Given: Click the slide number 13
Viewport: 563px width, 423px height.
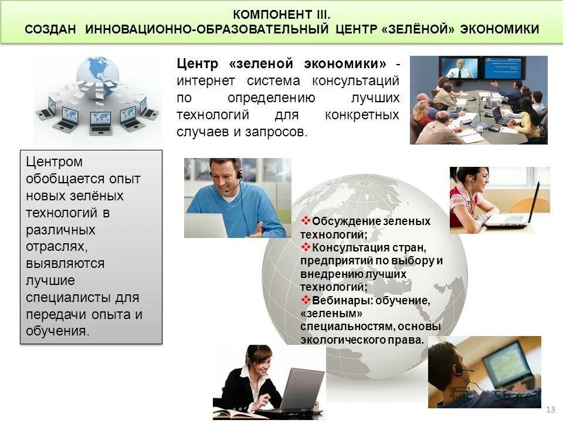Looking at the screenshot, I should (x=550, y=409).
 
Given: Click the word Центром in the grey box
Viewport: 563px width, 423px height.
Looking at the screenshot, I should (x=54, y=162).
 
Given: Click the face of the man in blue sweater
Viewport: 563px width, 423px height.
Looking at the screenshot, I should (x=226, y=176).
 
